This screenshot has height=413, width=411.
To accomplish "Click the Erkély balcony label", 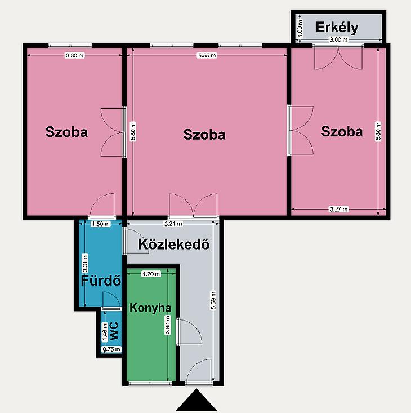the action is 337,28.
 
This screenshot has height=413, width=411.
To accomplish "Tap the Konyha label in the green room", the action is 150,308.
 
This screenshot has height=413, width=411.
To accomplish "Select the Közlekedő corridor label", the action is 174,244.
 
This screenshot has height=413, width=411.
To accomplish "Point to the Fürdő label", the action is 101,281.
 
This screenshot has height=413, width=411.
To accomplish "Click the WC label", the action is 114,331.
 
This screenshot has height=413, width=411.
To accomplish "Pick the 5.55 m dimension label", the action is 207,55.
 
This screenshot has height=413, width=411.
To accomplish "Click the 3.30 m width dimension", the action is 75,55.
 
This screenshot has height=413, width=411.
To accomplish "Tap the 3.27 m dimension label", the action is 338,210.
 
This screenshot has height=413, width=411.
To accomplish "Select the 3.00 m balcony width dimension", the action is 338,40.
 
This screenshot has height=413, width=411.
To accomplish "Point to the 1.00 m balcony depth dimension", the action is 299,28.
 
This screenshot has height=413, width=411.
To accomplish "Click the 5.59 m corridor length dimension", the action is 213,300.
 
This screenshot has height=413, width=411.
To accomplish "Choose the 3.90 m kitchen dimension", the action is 168,325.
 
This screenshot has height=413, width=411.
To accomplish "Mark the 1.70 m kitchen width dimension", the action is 151,274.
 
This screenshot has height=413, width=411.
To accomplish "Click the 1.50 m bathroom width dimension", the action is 101,224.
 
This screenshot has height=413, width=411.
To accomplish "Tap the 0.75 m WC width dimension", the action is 111,349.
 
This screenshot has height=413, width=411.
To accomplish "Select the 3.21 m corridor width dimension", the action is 173,224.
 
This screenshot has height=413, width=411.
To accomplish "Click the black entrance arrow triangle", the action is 196,402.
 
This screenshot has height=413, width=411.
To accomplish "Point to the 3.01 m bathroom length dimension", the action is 85,263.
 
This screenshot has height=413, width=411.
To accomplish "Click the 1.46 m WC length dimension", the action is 105,332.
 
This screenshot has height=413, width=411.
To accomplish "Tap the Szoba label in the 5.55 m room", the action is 204,135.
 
